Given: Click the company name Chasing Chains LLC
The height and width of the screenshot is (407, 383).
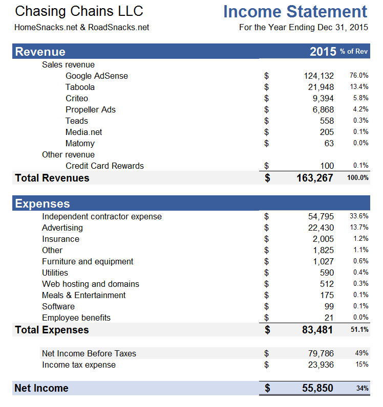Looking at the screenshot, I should pyautogui.click(x=79, y=11).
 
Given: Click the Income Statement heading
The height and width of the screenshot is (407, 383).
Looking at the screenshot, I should pyautogui.click(x=295, y=12).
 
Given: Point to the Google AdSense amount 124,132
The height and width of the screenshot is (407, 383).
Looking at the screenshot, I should pyautogui.click(x=318, y=76).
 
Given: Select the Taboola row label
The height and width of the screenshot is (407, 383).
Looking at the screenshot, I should pyautogui.click(x=80, y=87).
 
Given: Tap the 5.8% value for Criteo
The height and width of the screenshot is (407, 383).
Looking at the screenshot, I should pyautogui.click(x=360, y=98).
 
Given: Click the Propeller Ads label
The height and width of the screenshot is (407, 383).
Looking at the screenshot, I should pyautogui.click(x=91, y=109).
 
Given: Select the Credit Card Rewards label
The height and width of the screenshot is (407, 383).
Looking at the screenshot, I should pyautogui.click(x=104, y=166).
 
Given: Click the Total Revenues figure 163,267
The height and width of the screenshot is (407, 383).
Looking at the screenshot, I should pyautogui.click(x=314, y=178).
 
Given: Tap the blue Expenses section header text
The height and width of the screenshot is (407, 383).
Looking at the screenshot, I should pyautogui.click(x=42, y=203).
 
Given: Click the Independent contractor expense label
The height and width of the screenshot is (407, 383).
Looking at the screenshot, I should pyautogui.click(x=101, y=216).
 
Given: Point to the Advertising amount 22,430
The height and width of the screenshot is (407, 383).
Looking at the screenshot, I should pyautogui.click(x=321, y=228).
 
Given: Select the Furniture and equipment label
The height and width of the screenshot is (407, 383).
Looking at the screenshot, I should pyautogui.click(x=88, y=261).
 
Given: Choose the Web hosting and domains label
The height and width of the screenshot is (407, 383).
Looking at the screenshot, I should pyautogui.click(x=91, y=284).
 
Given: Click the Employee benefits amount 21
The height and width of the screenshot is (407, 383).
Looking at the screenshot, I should pyautogui.click(x=329, y=318).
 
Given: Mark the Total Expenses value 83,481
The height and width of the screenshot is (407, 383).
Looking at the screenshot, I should pyautogui.click(x=317, y=330).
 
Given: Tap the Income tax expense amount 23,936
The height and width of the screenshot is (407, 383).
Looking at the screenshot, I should pyautogui.click(x=321, y=365).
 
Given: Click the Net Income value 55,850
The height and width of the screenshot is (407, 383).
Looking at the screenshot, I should pyautogui.click(x=317, y=388).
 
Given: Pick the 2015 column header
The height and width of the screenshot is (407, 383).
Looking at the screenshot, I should pyautogui.click(x=323, y=51).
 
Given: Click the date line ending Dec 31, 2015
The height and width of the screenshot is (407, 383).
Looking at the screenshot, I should pyautogui.click(x=303, y=27).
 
